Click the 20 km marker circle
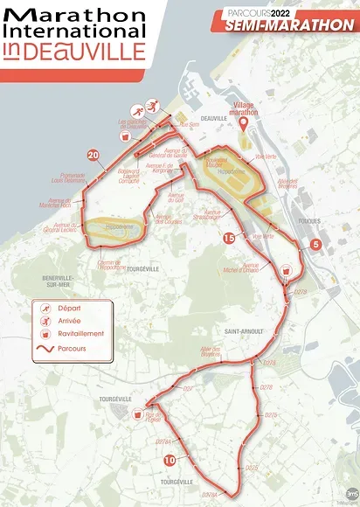tap(93, 156)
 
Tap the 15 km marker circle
tap(228, 237)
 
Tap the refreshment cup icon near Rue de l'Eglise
tap(136, 418)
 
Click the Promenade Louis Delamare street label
tap(68, 177)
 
